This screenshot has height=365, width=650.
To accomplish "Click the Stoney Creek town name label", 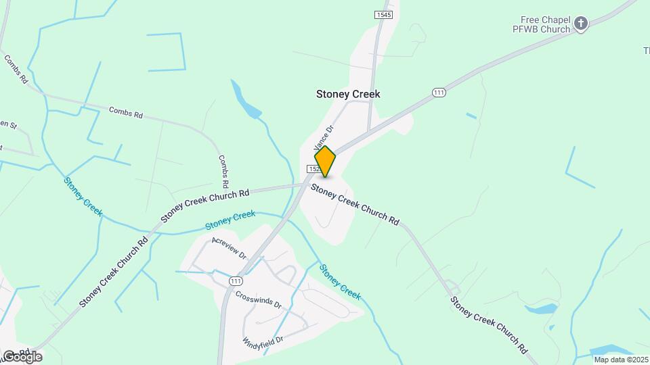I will (348, 95).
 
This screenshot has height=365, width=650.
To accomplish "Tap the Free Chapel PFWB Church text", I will (545, 24).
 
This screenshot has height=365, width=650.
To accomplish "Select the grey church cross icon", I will (580, 24).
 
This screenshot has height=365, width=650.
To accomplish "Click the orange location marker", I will (325, 161).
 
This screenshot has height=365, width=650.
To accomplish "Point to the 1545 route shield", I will (384, 15).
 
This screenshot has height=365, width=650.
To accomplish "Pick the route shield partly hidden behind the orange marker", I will (313, 168).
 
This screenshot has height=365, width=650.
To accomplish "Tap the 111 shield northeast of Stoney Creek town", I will (439, 93).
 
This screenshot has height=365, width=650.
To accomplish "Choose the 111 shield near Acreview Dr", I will (235, 281).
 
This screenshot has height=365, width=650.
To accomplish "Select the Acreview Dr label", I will (229, 249).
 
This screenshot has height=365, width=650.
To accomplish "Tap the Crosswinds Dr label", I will (258, 299).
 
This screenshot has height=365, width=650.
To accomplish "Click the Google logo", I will (22, 356).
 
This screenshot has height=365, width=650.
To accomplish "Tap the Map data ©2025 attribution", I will (621, 360).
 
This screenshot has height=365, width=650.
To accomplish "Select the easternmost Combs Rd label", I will (224, 171).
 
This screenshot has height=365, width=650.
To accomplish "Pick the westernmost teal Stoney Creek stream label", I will (83, 197).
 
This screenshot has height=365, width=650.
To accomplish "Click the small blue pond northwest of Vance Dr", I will (246, 103).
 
